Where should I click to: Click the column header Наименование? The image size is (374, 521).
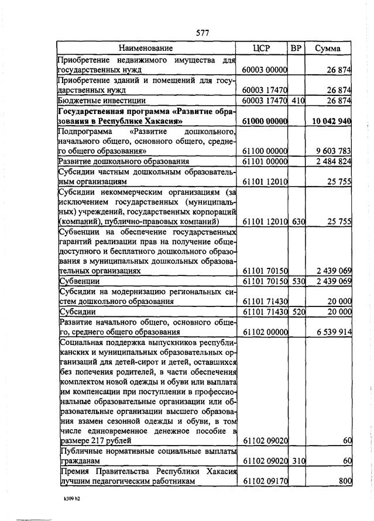pos(146,48)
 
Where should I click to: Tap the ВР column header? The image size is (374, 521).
pos(296,48)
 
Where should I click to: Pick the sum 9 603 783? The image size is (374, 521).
pos(333,151)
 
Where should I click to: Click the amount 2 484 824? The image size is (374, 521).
pos(333,161)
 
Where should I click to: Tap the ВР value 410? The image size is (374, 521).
pos(298,101)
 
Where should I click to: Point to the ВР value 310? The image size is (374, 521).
pos(298,461)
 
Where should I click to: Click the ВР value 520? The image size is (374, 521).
pos(298,312)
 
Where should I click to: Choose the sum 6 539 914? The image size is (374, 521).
pos(333,332)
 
